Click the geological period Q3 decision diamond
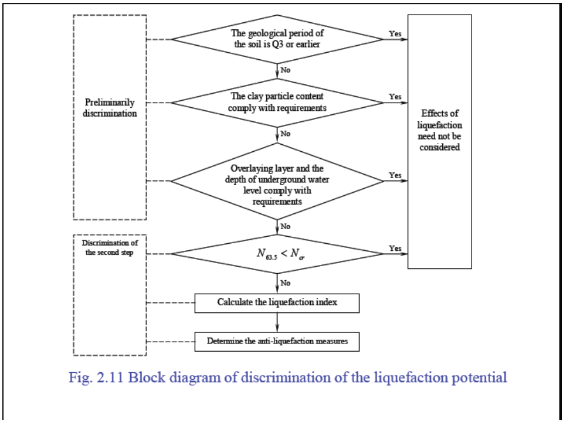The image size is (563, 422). [x=277, y=39]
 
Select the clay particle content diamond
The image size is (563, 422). [x=277, y=103]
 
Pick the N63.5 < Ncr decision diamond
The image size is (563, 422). [x=277, y=254]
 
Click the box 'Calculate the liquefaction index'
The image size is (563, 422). [x=277, y=302]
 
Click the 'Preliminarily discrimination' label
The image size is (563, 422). [x=110, y=108]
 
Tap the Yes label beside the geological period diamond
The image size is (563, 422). [x=395, y=33]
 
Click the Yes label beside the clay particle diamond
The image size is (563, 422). [x=395, y=96]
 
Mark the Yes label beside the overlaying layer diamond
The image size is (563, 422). [x=395, y=175]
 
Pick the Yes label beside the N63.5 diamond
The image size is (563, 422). [x=395, y=248]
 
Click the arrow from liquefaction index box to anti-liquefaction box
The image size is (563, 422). [x=277, y=322]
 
